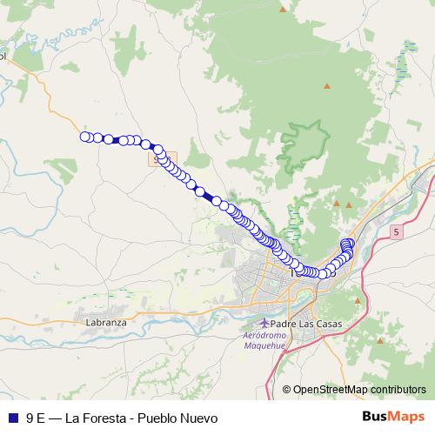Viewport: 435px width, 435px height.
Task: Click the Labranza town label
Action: (106, 322)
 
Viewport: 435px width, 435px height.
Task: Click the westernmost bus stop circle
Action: (85, 136)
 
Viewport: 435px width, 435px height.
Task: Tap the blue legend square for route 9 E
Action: (12, 418)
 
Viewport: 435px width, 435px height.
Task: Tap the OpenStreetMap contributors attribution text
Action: (358, 390)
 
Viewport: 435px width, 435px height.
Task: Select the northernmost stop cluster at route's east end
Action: (349, 244)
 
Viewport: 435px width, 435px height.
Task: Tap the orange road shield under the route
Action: (157, 160)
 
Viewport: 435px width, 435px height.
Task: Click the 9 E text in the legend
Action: (36, 418)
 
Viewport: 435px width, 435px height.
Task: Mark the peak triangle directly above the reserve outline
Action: (327, 85)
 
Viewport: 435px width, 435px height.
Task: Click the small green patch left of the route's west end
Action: (64, 165)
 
